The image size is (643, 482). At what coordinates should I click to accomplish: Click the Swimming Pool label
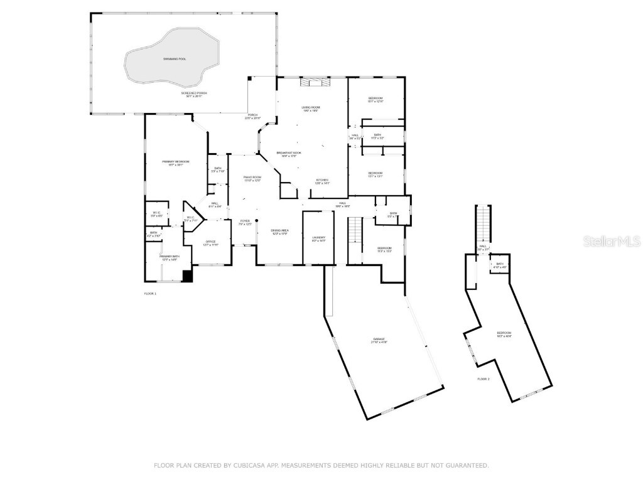click(175, 59)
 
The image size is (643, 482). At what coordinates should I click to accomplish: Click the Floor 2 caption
click(483, 379)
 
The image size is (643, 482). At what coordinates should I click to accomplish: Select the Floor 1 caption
click(150, 293)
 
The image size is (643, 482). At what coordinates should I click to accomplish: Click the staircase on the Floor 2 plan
click(484, 223)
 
